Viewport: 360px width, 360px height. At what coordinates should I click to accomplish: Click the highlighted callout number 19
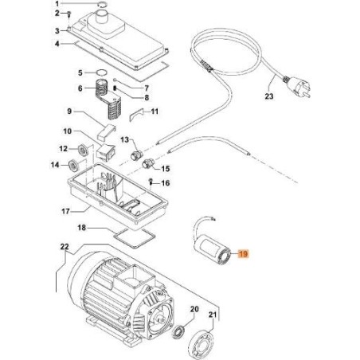pos(244,254)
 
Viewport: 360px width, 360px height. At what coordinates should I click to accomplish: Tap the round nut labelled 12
pos(83,148)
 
